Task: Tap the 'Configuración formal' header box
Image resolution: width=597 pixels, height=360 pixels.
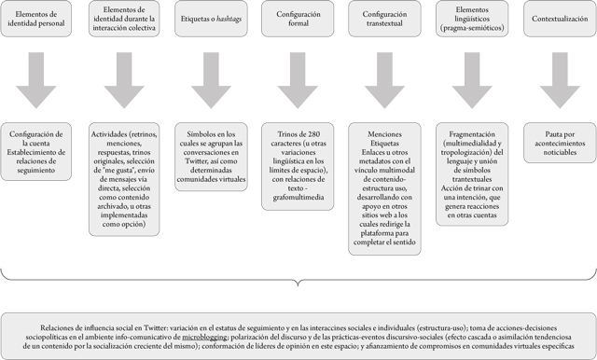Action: coord(298,18)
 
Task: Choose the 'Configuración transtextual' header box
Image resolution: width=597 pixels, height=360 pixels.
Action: coord(383,18)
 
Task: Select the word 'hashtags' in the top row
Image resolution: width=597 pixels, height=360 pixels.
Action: coord(229,18)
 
